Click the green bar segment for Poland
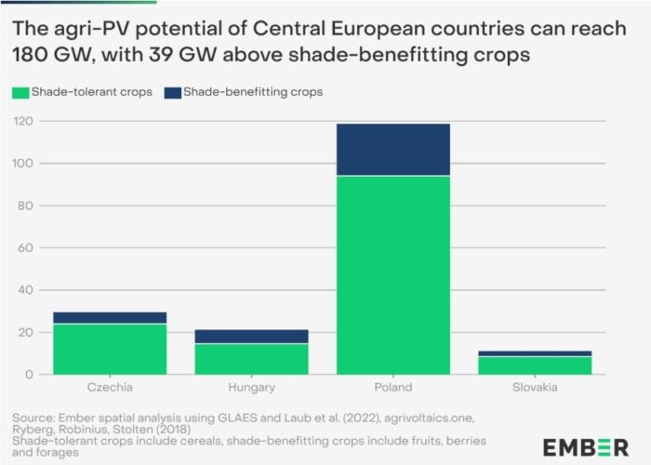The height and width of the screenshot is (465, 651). (x=392, y=274)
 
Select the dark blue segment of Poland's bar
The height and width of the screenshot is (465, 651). (x=392, y=149)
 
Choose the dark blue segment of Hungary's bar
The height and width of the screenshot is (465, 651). (x=251, y=337)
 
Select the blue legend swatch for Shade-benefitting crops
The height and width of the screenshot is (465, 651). (x=171, y=93)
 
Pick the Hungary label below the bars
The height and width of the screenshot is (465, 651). (x=251, y=387)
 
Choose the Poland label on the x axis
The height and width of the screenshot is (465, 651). (x=392, y=387)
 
